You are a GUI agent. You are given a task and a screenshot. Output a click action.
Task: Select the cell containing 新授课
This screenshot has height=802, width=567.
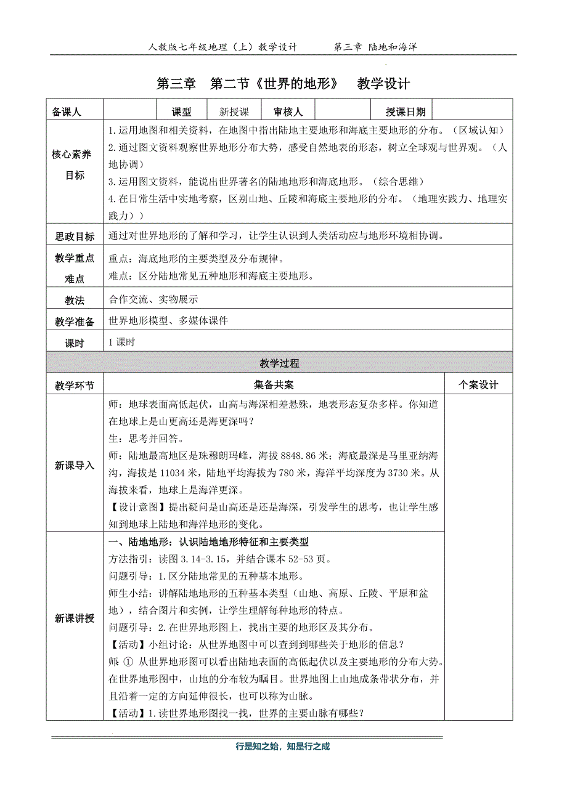click(234, 112)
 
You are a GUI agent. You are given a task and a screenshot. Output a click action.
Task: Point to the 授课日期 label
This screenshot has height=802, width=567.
click(405, 112)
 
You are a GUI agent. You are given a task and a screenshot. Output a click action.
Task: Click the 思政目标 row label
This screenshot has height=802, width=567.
click(75, 237)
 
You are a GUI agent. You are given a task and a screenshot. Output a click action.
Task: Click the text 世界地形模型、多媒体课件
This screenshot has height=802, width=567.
click(168, 321)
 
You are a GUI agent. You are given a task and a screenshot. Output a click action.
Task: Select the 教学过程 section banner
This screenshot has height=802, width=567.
click(279, 363)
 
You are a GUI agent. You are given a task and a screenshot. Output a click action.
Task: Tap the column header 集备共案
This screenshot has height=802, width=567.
click(274, 385)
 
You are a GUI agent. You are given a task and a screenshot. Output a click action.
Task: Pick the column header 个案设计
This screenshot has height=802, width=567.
click(478, 385)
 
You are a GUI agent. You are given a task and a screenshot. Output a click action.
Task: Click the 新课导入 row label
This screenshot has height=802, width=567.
click(75, 465)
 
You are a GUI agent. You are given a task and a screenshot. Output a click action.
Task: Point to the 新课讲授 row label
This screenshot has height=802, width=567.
click(75, 618)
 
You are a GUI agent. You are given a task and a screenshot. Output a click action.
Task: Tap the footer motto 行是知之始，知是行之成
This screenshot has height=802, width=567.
click(283, 746)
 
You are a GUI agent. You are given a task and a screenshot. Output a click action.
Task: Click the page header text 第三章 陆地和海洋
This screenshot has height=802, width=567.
click(375, 47)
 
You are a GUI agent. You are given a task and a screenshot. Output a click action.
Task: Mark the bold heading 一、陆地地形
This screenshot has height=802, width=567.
click(139, 543)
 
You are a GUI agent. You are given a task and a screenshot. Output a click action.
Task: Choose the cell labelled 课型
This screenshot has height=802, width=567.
click(181, 112)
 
